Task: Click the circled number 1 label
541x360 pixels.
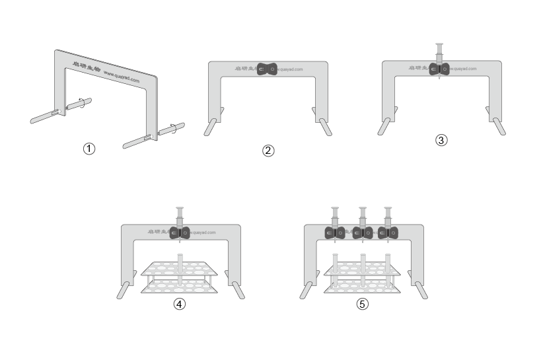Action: pos(89,149)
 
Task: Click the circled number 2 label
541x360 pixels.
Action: pos(268,151)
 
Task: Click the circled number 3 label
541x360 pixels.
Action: pos(442,140)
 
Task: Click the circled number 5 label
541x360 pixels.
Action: pos(362,305)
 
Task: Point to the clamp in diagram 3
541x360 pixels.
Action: pos(439,69)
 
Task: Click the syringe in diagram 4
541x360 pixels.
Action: pos(179,218)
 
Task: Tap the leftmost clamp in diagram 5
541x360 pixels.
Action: pos(334,233)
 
